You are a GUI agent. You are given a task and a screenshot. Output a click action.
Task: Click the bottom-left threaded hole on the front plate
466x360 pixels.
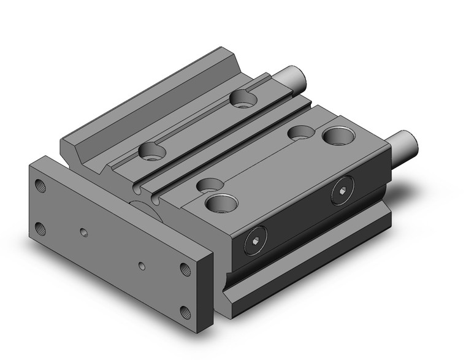(41, 229)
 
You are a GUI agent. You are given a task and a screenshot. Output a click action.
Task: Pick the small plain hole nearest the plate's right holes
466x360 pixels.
(142, 266)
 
